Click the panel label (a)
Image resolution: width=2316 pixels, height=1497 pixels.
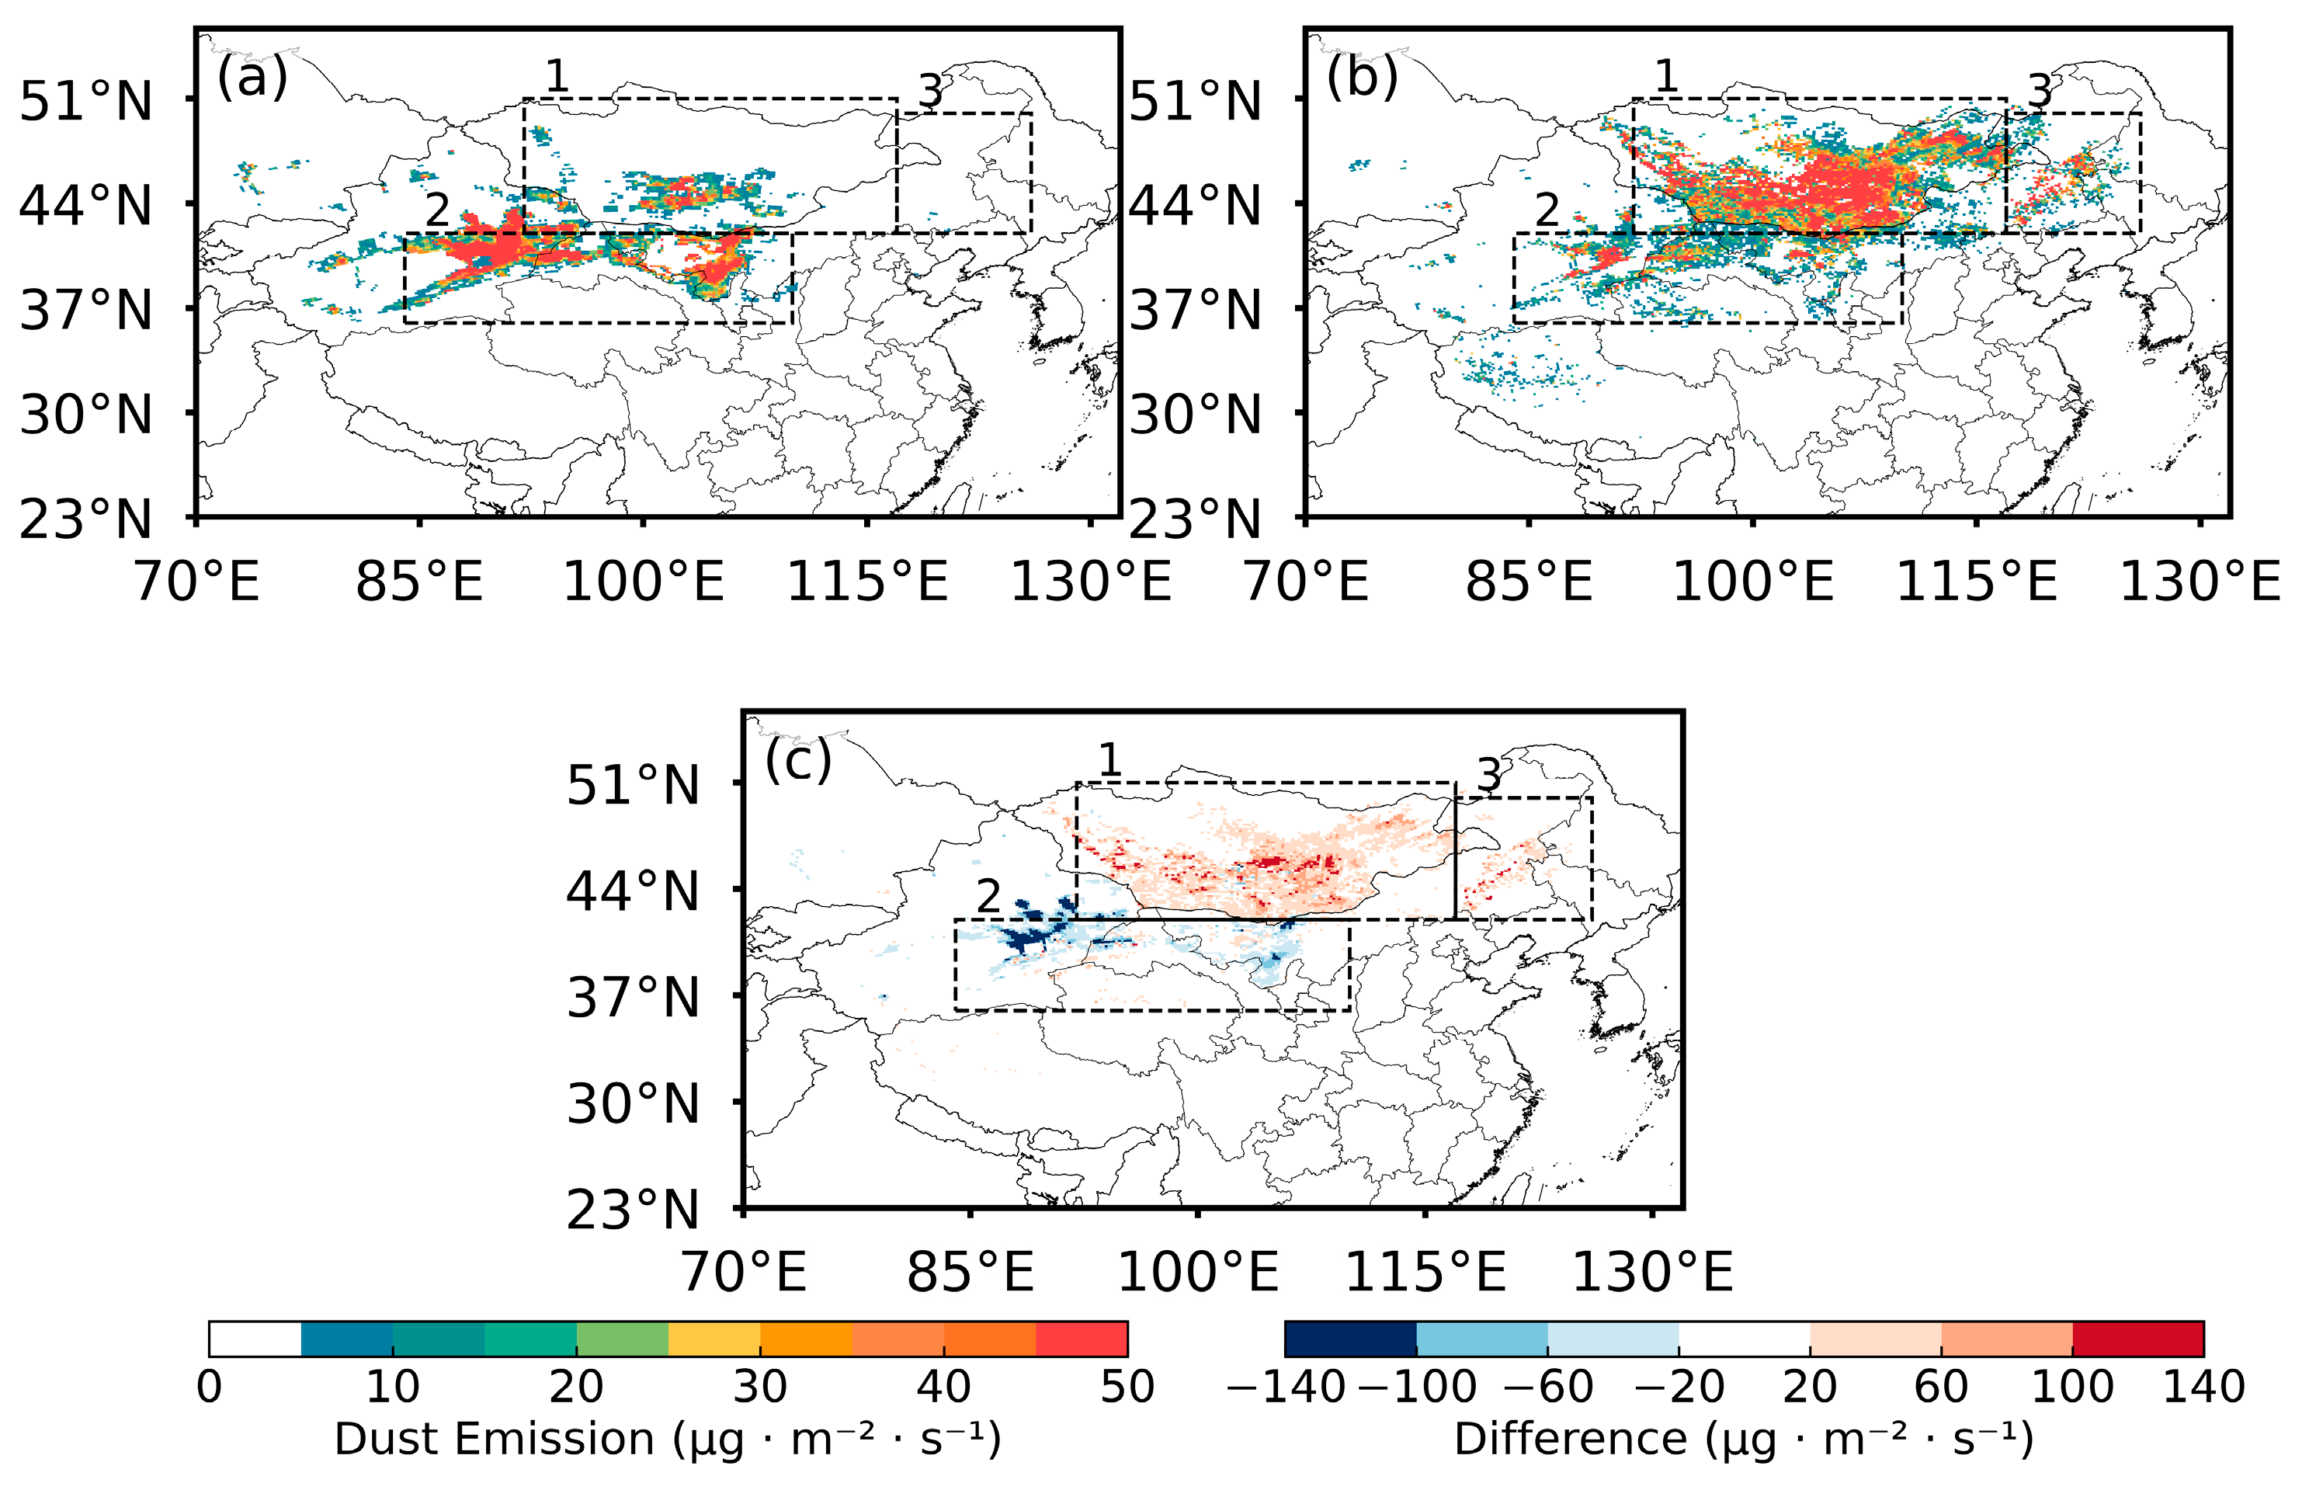coord(252,78)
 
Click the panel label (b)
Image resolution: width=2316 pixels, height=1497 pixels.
coord(1362,78)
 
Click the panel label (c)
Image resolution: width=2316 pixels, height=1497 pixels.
coord(798,760)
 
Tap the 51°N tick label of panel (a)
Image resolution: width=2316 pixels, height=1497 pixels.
coord(86,101)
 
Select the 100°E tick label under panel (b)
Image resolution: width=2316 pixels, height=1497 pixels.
coord(1752,582)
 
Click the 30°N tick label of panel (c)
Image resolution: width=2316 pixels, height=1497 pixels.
coord(633,1104)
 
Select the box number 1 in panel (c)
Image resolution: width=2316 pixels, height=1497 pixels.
coord(1109,760)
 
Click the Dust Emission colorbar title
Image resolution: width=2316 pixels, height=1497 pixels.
coord(667,1440)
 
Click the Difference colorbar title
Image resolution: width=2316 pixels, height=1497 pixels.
coord(1742,1440)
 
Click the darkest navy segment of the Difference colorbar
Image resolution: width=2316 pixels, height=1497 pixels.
coord(1350,1339)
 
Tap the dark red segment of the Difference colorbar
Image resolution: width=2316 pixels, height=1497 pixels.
coord(2137,1339)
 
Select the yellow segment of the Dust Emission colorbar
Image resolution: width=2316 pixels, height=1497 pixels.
coord(714,1339)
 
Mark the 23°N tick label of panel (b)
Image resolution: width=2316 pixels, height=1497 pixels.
coord(1194,520)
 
